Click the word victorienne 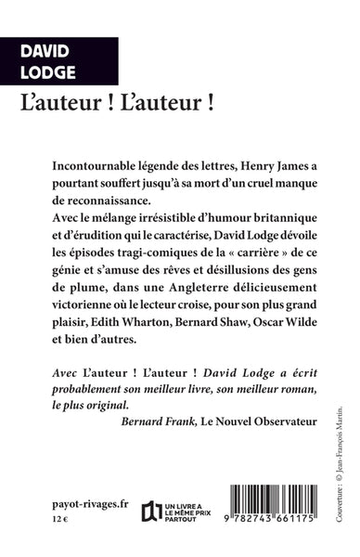82,323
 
